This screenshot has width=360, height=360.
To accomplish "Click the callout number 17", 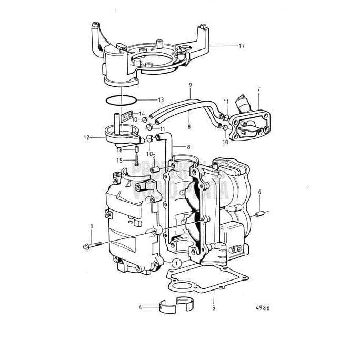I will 242,46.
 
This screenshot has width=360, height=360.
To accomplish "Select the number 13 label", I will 161,99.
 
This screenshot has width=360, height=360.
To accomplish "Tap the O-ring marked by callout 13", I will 121,99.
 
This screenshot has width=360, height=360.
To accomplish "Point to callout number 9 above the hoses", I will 190,85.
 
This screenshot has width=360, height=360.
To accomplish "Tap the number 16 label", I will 119,150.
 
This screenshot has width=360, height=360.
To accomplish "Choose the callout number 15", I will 119,161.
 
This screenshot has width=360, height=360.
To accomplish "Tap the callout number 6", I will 259,193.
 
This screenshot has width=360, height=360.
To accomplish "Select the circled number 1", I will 177,262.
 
